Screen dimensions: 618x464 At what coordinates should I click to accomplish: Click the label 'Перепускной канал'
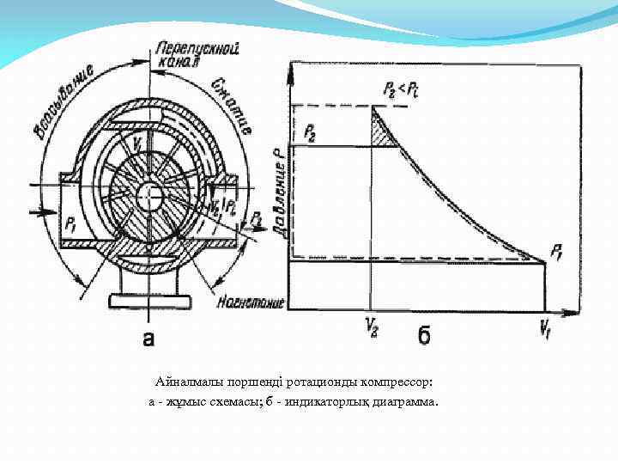(177, 55)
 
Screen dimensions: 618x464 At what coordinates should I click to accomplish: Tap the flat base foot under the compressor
(148, 301)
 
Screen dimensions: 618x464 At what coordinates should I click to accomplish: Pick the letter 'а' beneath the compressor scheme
(148, 339)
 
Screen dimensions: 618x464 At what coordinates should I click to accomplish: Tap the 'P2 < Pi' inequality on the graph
(397, 89)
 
